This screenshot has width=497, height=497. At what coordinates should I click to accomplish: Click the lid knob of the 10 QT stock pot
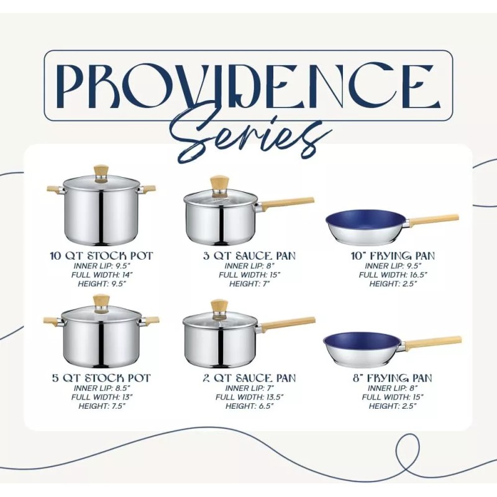pos(101,171)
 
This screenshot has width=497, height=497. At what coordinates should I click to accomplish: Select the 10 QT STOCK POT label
pos(101,255)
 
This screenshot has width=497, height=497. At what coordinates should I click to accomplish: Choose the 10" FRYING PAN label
pos(393,255)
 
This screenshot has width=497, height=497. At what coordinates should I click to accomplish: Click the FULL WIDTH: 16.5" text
pos(393,275)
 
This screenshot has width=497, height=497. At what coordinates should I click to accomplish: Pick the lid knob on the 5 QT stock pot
pos(101,303)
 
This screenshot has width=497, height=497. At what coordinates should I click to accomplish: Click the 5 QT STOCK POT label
pos(101,378)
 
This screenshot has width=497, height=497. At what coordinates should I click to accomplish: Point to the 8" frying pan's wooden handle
pos(434,341)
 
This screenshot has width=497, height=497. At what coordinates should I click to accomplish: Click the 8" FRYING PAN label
pos(393,378)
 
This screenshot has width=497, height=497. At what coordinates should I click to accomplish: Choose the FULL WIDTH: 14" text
pos(101,275)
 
